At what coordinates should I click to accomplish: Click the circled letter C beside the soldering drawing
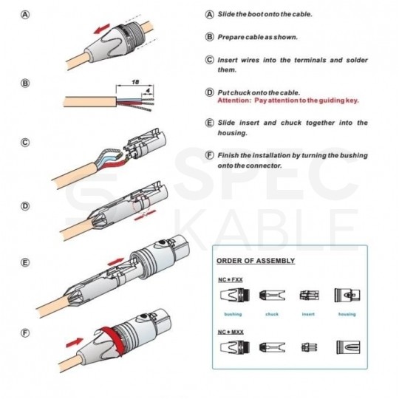click(25, 143)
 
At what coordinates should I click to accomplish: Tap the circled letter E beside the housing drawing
click(25, 262)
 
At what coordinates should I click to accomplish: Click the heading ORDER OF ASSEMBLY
click(255, 261)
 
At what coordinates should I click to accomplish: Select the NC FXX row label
click(231, 280)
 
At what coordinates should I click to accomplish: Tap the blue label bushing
click(232, 314)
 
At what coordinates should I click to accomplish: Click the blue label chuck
click(271, 314)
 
